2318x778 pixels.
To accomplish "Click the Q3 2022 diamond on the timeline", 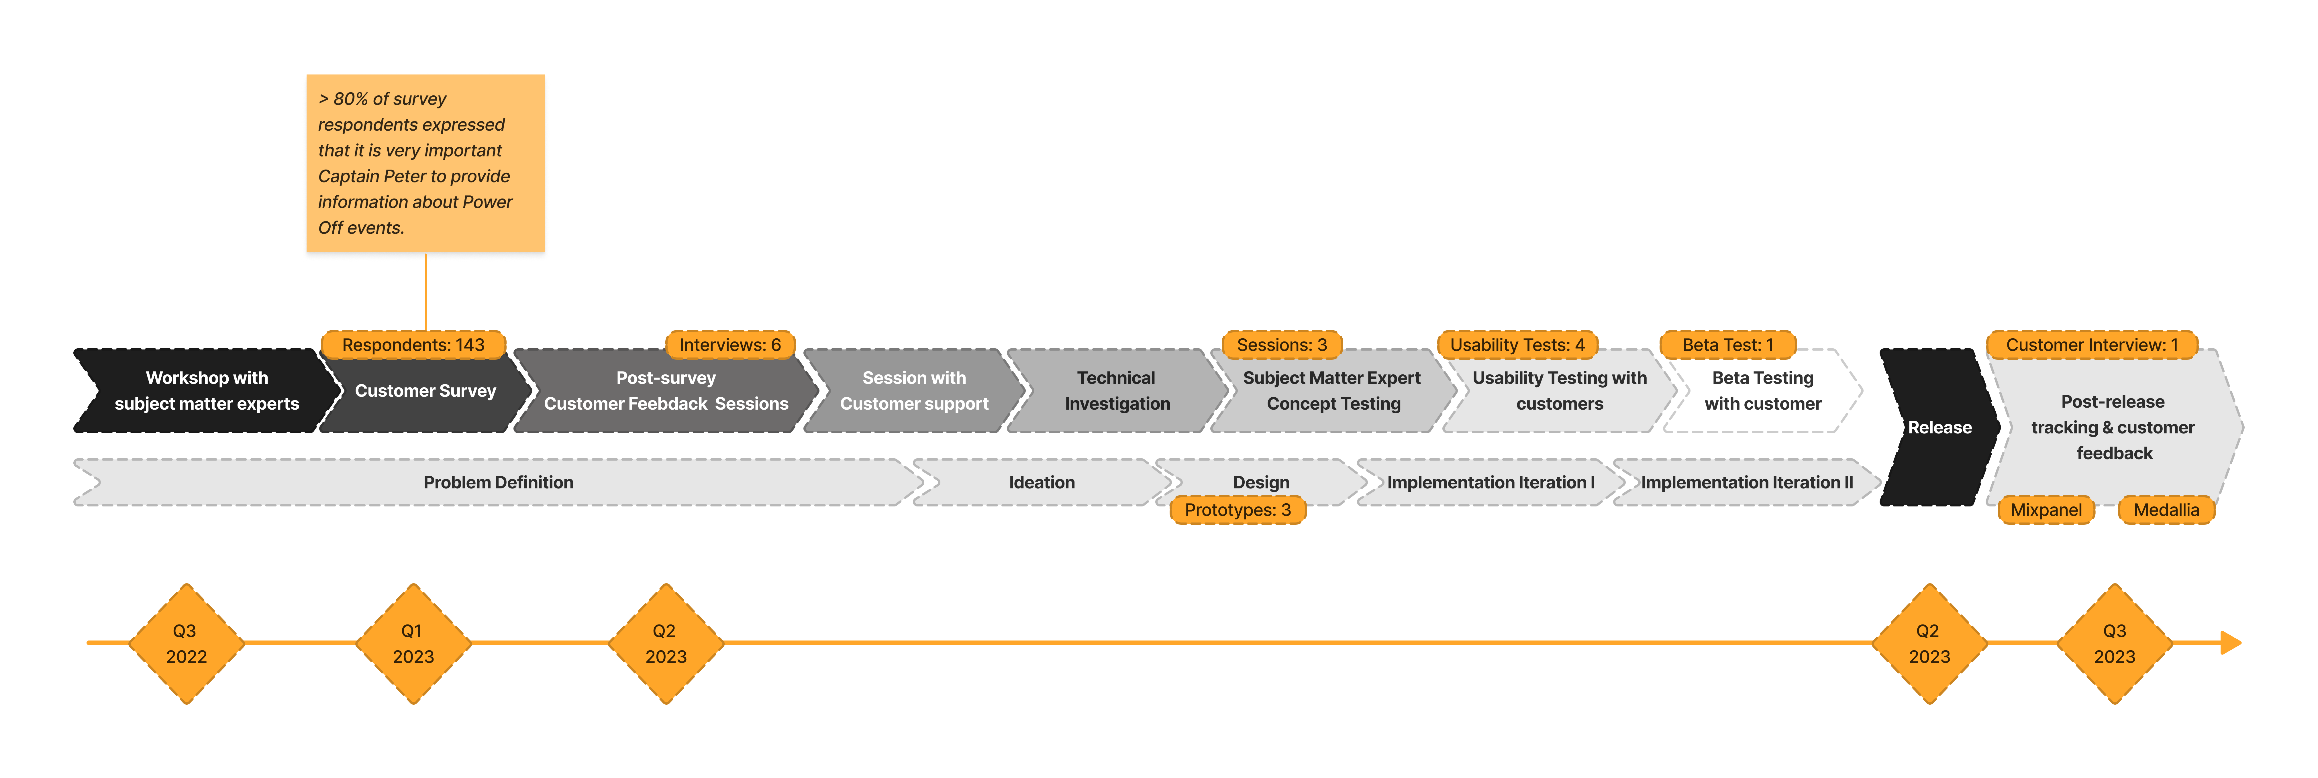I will [x=186, y=644].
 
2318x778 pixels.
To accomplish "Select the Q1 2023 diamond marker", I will [x=413, y=644].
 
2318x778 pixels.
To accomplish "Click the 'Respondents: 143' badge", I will [x=413, y=345].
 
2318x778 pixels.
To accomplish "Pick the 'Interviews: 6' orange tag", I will [x=730, y=345].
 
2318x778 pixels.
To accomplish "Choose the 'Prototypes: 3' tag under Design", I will [x=1237, y=510].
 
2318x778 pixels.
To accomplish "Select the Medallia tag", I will [x=2166, y=510].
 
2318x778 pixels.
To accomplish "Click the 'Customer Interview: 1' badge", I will [x=2091, y=345].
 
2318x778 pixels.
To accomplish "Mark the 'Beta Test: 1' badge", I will [x=1728, y=345].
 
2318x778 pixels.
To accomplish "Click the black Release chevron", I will [x=1939, y=427].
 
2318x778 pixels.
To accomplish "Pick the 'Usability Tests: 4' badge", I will [x=1517, y=345].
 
